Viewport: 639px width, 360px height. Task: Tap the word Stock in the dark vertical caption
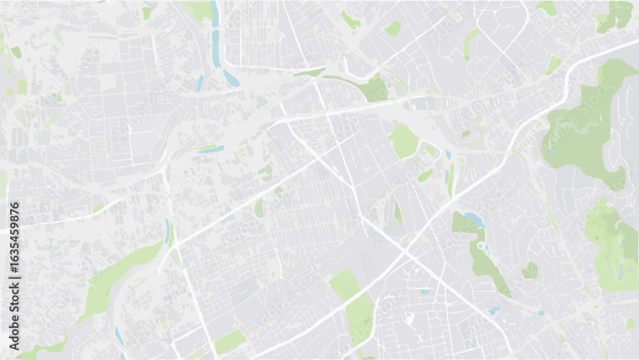coord(15,293)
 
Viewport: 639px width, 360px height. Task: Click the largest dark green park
coord(581,128)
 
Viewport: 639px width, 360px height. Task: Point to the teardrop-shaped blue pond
coord(231,79)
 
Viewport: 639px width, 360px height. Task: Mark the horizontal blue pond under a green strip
coord(212,150)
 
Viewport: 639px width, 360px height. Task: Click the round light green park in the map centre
coord(404,141)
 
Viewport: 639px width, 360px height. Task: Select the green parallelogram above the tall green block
coord(344,284)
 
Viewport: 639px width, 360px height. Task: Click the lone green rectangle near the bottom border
coord(229,342)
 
